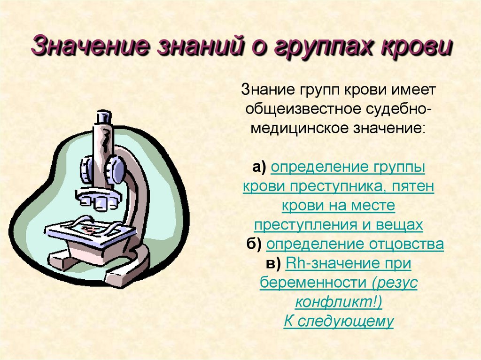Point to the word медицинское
click(x=300, y=128)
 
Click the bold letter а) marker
click(x=259, y=167)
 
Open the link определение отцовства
click(x=355, y=245)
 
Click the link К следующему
click(x=339, y=322)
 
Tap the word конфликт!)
click(x=339, y=302)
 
